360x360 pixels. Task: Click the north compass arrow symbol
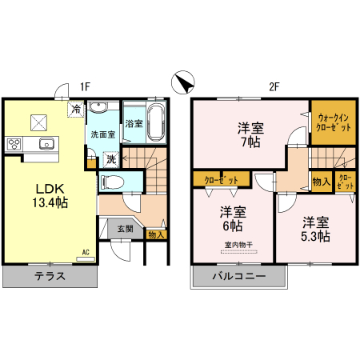coord(183,83)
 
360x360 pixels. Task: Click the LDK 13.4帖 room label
coord(50,196)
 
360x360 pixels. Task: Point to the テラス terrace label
coord(50,278)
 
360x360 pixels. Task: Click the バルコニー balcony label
coord(239,278)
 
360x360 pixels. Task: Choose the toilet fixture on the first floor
coord(113,182)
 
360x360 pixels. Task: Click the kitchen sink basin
coord(45,144)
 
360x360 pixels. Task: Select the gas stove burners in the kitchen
coord(15,144)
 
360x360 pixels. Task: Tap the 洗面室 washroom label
coord(102,134)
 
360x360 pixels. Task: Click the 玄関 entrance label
coord(125,229)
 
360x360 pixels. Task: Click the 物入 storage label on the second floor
coord(320,182)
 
